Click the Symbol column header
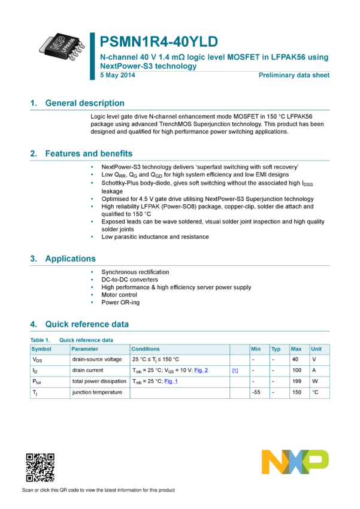pos(41,349)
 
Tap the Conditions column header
pos(146,349)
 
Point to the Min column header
pos(256,349)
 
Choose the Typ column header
pos(276,349)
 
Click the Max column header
pos(296,349)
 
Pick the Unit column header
pos(316,349)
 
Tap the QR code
pos(40,468)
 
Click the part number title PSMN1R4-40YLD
pos(159,41)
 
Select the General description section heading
pos(85,103)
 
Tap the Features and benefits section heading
pos(89,153)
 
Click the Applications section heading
pos(71,259)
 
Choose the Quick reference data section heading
pos(87,324)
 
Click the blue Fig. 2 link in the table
pos(201,371)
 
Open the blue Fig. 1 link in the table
pos(171,381)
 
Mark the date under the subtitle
pos(117,75)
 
